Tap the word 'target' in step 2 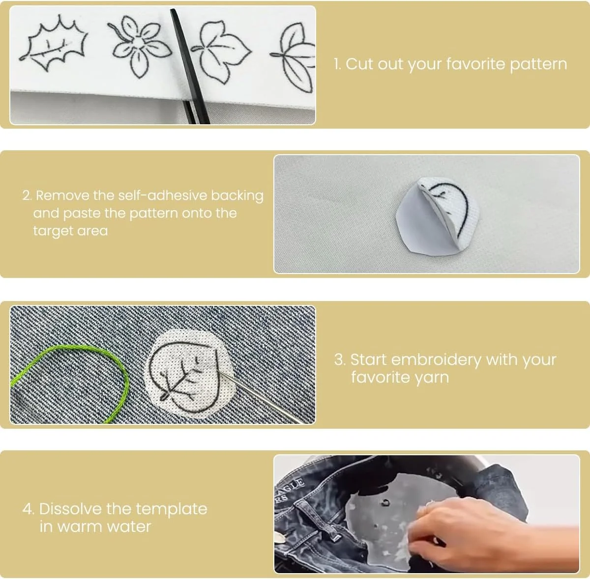point(52,231)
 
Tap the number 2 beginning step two point(27,196)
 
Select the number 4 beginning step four point(28,509)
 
